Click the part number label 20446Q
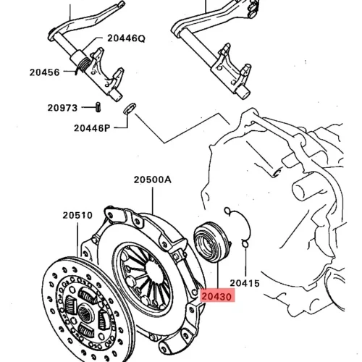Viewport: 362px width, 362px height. [x=126, y=38]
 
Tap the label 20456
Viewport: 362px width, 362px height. [x=44, y=72]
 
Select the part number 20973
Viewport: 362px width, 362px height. [x=62, y=108]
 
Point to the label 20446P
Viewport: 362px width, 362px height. [x=92, y=128]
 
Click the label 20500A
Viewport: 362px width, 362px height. [x=153, y=180]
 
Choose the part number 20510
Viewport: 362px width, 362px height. [x=77, y=215]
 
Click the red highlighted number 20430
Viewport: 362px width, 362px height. [x=216, y=296]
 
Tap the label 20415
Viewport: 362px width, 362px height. [x=245, y=283]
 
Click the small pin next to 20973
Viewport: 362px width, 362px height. [x=98, y=107]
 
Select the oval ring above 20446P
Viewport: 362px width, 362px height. [x=130, y=108]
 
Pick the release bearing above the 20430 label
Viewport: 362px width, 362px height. [x=212, y=242]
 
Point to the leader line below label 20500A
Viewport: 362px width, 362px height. [x=153, y=201]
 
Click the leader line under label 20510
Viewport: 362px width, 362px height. [x=78, y=240]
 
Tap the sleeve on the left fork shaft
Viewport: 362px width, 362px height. [x=77, y=57]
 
